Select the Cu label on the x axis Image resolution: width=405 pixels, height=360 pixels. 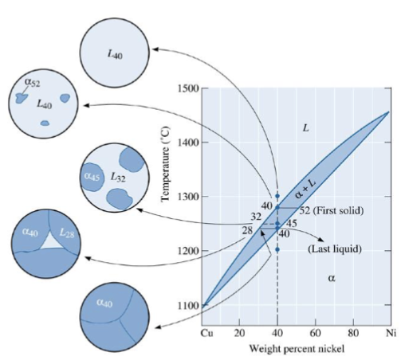(x=206, y=331)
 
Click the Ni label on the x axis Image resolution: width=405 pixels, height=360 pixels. (x=390, y=331)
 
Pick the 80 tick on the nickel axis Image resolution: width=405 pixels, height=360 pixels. (x=353, y=331)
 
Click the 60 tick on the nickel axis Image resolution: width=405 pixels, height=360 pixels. (x=315, y=331)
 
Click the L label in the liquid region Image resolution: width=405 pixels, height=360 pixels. (x=305, y=127)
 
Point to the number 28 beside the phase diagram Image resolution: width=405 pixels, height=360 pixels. (x=248, y=230)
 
